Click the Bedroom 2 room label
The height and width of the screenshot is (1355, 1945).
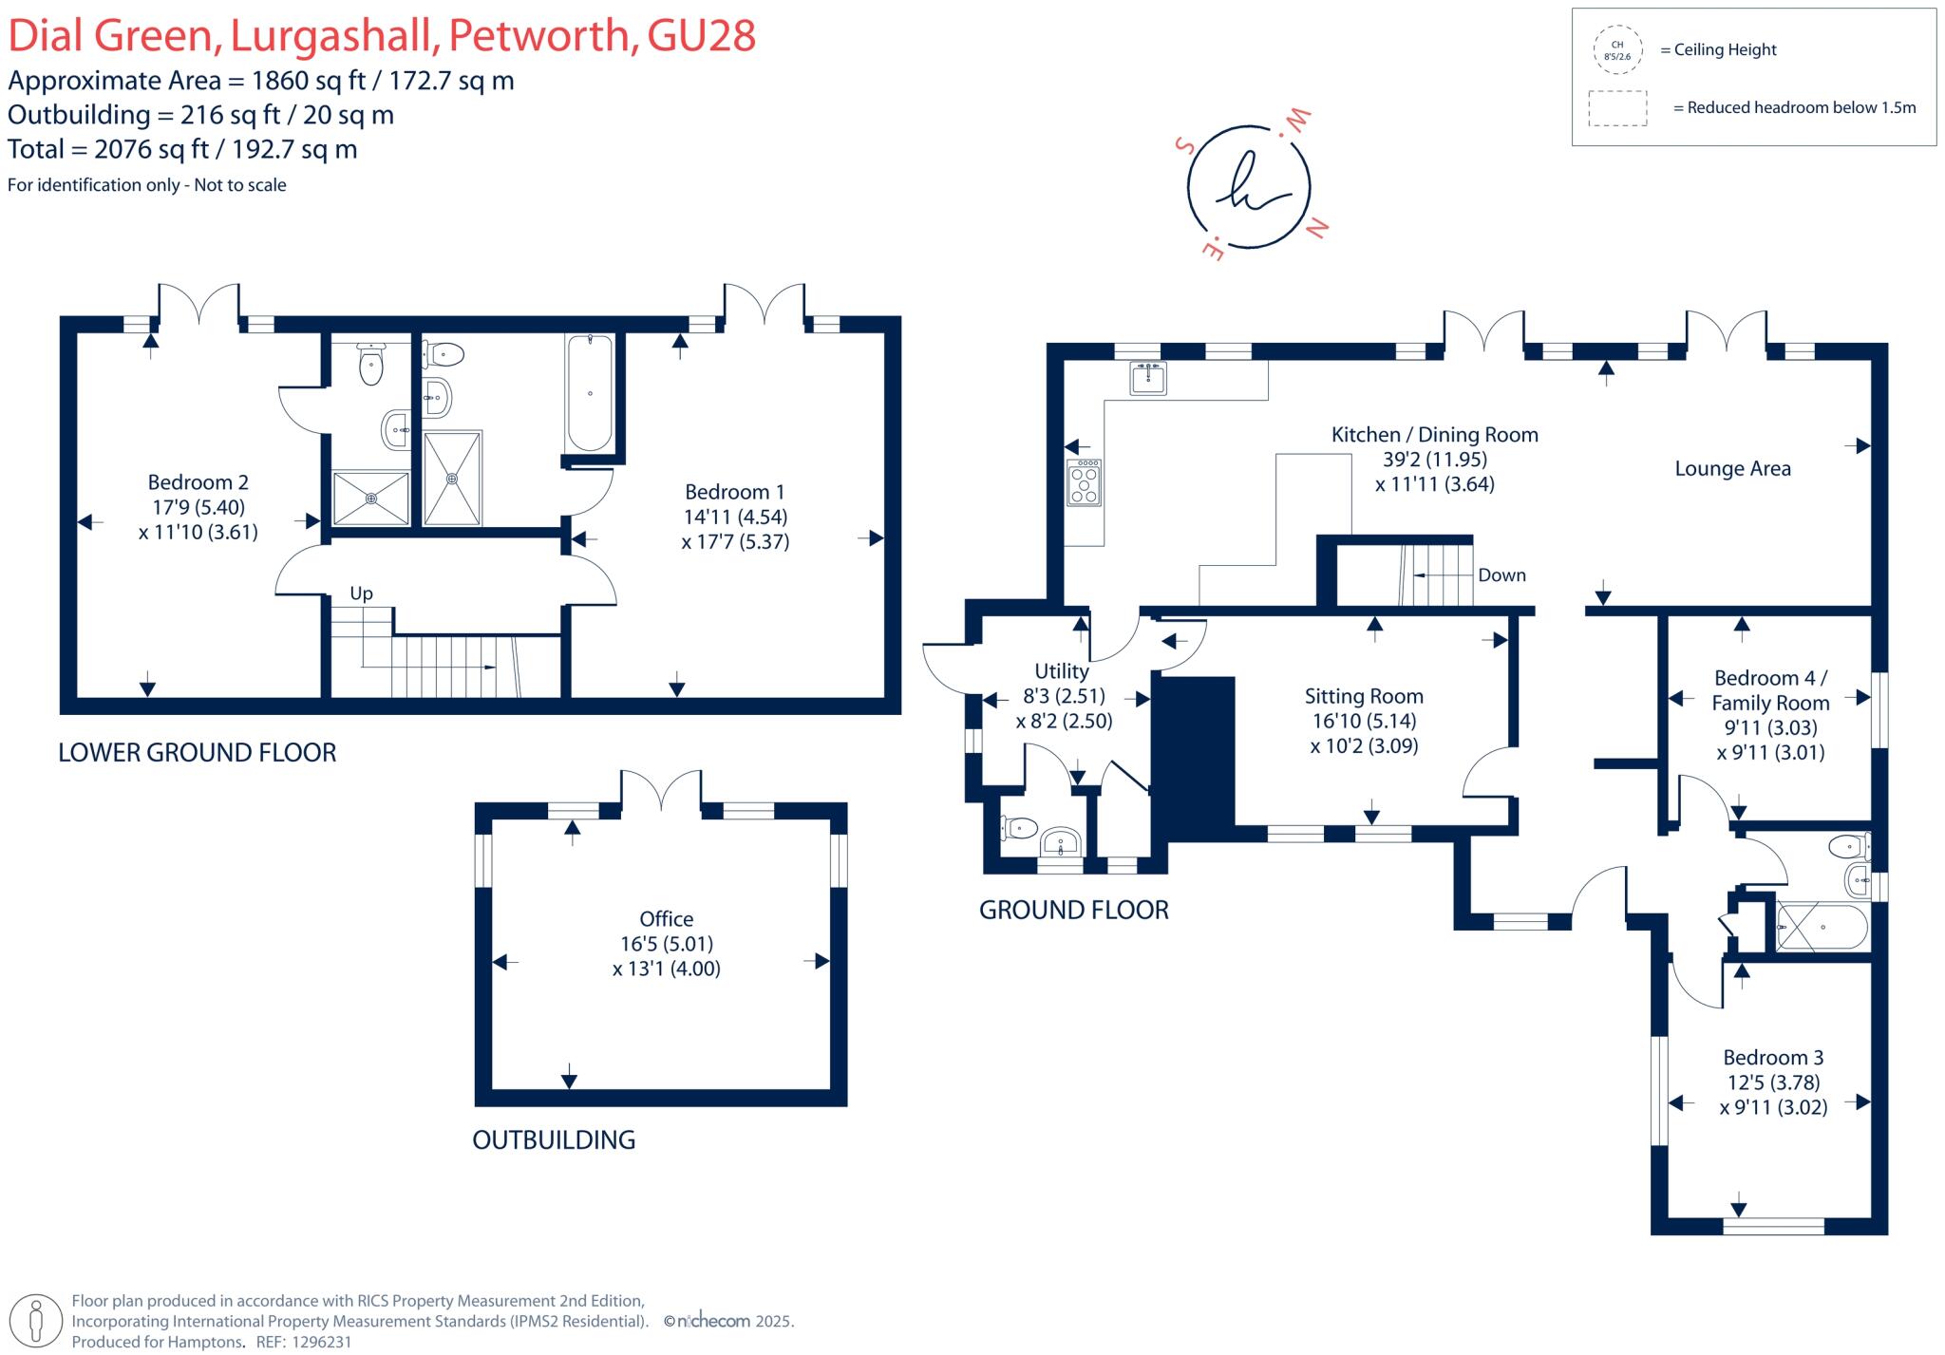[x=198, y=482]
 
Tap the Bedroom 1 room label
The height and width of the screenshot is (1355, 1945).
[x=734, y=492]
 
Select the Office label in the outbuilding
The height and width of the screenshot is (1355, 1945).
[x=666, y=919]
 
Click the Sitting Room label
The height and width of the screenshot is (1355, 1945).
[x=1364, y=696]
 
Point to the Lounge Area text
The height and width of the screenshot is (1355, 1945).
[x=1732, y=468]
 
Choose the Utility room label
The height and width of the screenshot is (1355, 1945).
[x=1061, y=671]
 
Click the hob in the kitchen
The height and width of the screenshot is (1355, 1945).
[x=1084, y=482]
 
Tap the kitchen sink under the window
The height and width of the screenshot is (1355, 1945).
[x=1148, y=378]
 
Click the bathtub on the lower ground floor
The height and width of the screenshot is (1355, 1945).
[x=590, y=393]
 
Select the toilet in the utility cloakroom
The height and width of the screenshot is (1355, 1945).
[x=1019, y=829]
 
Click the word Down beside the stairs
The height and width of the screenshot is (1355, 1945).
[x=1501, y=575]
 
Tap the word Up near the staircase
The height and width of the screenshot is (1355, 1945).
[x=361, y=593]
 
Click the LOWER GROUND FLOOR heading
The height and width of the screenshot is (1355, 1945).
[x=198, y=753]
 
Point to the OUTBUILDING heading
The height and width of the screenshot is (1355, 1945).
[x=554, y=1139]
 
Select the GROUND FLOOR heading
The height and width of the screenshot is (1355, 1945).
[x=1073, y=910]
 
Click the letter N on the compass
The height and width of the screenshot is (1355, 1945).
[x=1317, y=228]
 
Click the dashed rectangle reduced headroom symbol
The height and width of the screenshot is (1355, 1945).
[x=1617, y=108]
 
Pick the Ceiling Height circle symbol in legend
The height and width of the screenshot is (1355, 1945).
[x=1617, y=50]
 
